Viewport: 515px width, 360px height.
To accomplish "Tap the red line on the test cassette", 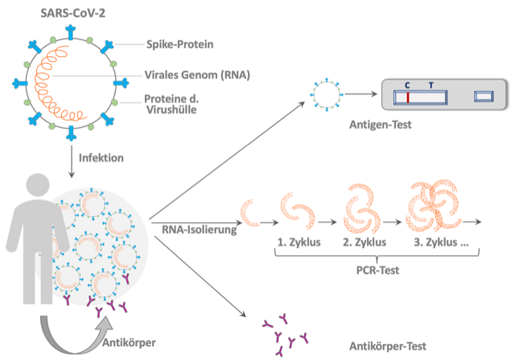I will [x=408, y=97].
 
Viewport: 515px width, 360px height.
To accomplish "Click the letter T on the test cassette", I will [x=431, y=85].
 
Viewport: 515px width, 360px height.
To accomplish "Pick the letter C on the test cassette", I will [x=408, y=85].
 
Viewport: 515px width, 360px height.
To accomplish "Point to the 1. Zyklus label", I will [x=299, y=242].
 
